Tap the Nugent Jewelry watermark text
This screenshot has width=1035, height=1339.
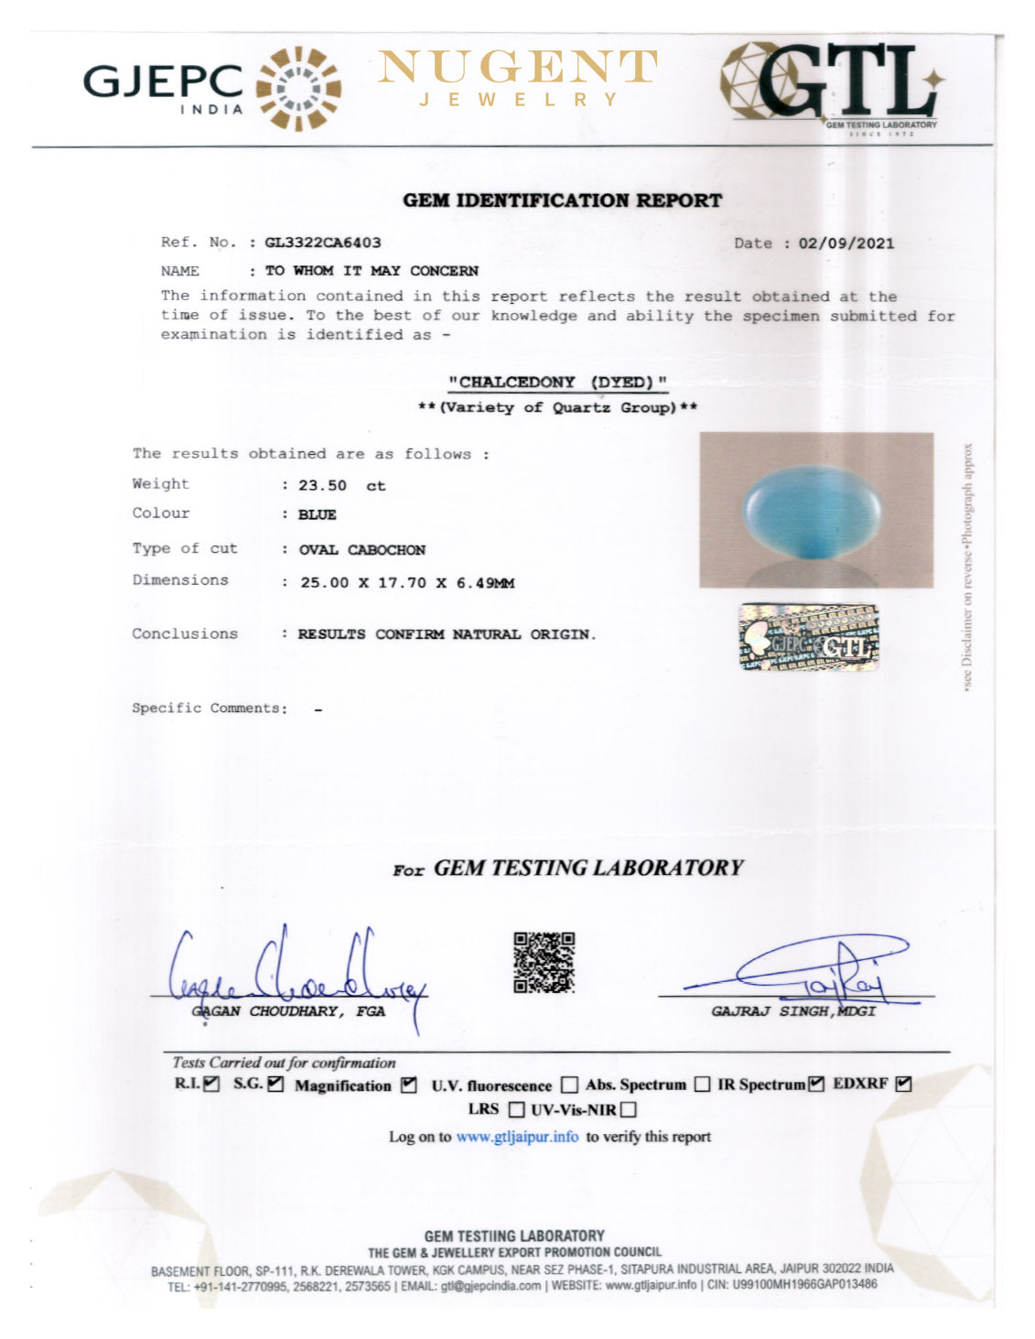pos(518,78)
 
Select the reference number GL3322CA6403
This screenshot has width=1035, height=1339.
pos(323,243)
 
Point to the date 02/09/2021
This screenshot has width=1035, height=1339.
pos(846,243)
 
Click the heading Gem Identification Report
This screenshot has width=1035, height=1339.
pos(562,200)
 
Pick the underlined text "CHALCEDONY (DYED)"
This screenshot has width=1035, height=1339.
pos(557,383)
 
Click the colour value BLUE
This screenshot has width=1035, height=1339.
pos(318,515)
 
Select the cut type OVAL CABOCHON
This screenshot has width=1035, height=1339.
pos(362,550)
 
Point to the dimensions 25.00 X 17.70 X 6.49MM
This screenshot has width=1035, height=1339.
pos(407,583)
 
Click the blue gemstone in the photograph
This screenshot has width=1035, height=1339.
pos(811,510)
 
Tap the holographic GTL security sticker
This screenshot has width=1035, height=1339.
pos(808,637)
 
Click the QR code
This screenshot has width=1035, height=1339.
pos(544,962)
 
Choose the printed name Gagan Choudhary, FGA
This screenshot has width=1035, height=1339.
pos(290,1011)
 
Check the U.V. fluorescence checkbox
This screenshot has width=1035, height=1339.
pos(569,1085)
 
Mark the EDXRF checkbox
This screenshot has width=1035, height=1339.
pos(904,1085)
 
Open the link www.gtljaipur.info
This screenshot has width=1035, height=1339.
pos(517,1137)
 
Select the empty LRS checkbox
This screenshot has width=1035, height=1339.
pos(516,1110)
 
